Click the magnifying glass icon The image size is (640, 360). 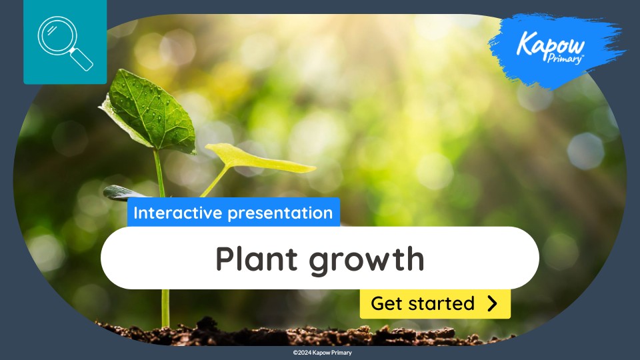pos(65,42)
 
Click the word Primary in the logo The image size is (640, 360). pos(568,59)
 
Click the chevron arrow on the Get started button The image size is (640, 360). pos(492,304)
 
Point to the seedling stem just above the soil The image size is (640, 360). pos(165,310)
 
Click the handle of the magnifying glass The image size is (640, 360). pos(82,60)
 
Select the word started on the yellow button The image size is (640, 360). pos(443,304)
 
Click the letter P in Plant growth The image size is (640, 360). pos(225,258)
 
